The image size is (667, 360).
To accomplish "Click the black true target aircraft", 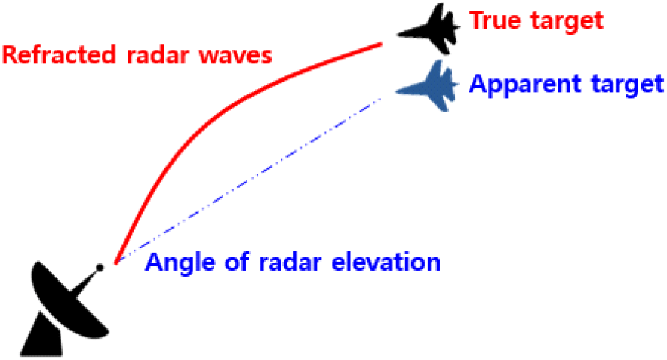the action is [x=432, y=29].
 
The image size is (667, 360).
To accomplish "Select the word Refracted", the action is [x=59, y=55].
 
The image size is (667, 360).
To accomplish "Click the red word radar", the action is [x=158, y=55].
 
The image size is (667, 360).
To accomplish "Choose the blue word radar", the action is [x=289, y=262].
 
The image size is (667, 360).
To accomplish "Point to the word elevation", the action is [x=386, y=262].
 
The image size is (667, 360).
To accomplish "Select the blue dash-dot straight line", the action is [x=250, y=179].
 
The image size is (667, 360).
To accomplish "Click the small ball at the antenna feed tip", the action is [x=100, y=268].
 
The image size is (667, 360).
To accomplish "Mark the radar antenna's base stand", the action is [x=41, y=336].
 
